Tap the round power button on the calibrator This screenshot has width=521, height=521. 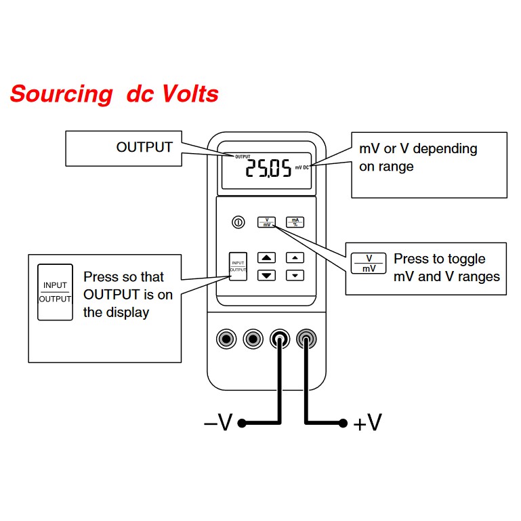238,222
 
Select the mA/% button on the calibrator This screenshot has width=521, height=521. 294,222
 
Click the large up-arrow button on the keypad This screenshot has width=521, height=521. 268,257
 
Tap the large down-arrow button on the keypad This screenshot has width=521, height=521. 268,275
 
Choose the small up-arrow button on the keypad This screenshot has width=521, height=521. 295,257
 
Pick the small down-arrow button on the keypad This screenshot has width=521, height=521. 295,275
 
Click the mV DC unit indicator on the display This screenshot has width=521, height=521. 302,167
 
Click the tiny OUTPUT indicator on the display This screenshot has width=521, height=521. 243,157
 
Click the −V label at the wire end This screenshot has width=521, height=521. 217,423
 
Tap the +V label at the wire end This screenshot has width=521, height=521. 368,423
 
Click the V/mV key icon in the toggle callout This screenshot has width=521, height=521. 369,264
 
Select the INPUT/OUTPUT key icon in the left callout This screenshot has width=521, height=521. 55,292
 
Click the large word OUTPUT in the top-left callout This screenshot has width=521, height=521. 144,146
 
